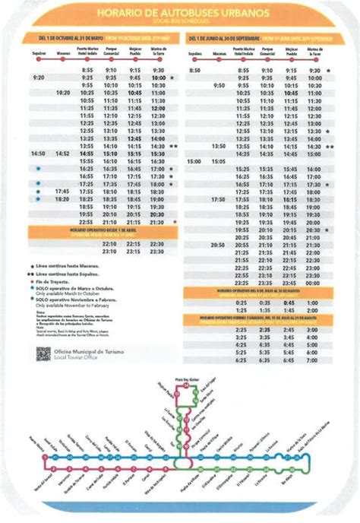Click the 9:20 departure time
pos(39,78)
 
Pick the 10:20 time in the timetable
pos(63,93)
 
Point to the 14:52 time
pos(63,154)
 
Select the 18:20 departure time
pos(63,199)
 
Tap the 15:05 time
pos(218,161)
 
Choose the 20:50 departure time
pos(218,245)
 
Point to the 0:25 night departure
pos(242,302)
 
